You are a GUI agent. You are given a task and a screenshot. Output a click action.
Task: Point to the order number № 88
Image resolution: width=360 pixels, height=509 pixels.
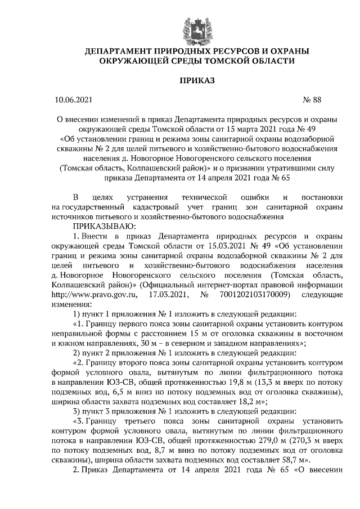click(x=312, y=101)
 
